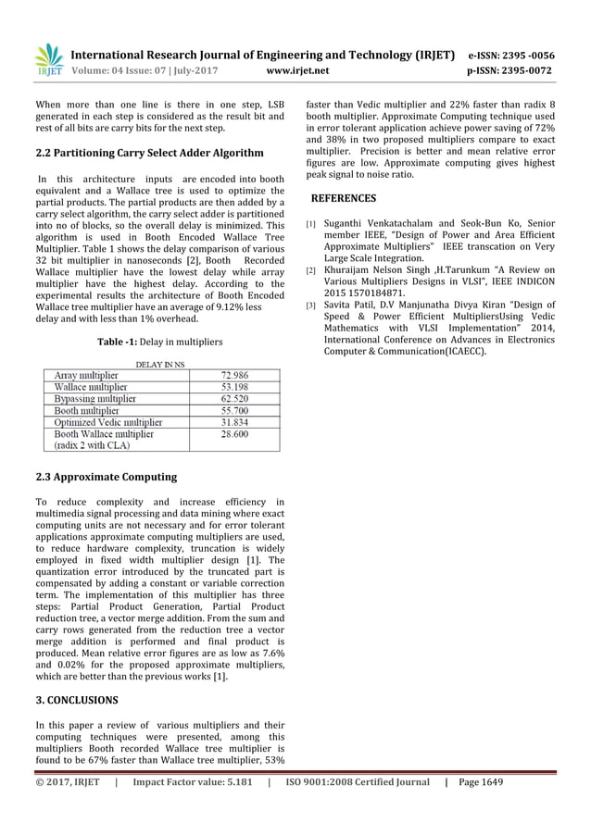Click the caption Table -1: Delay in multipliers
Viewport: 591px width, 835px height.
pos(159,343)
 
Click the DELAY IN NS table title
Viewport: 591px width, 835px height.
pos(159,364)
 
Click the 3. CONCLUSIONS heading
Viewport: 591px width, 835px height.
pos(76,700)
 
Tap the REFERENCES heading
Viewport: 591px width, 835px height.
pos(343,198)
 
